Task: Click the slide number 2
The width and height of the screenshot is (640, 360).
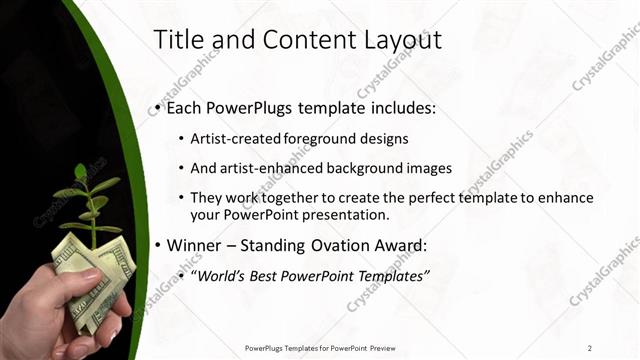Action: pos(590,348)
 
